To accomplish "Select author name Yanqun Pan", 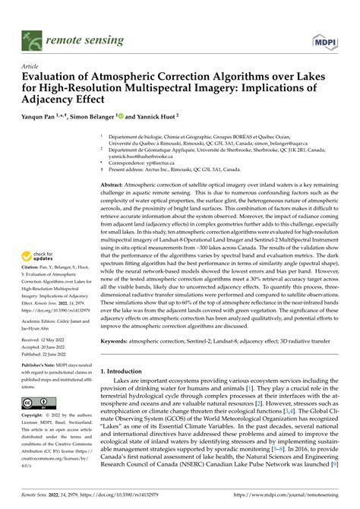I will click(48, 118).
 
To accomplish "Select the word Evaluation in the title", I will click(52, 77).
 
